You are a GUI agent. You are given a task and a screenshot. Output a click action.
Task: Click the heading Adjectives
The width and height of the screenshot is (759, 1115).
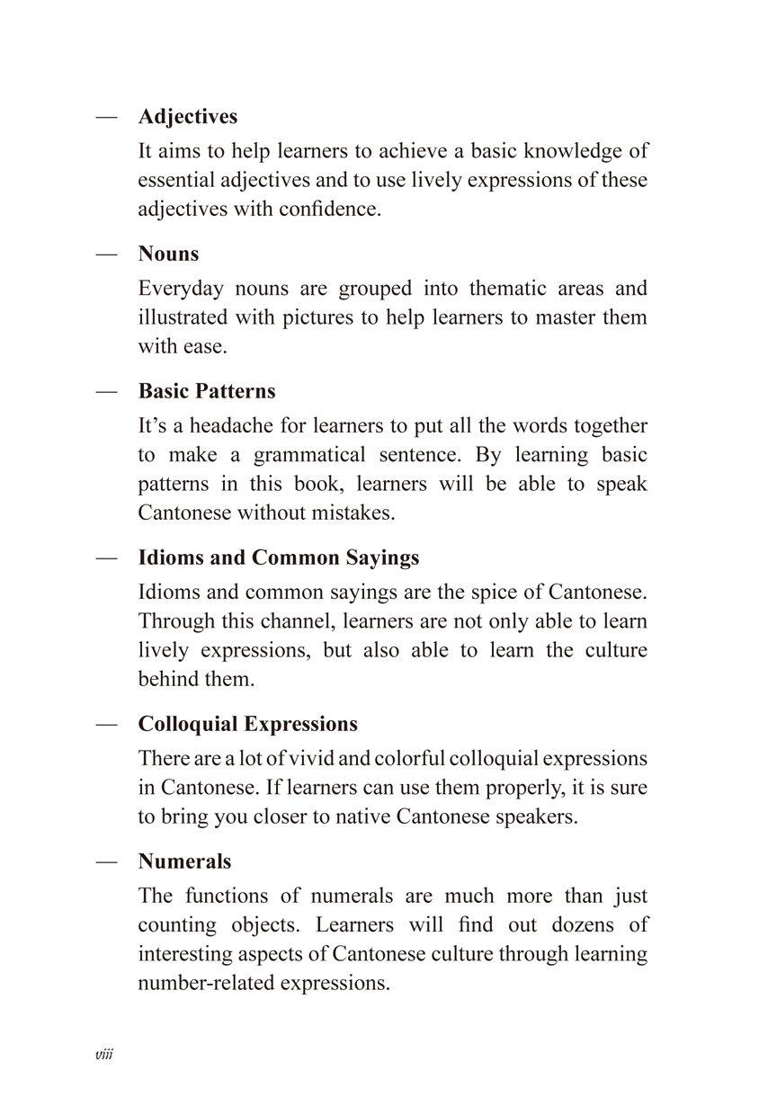tap(188, 117)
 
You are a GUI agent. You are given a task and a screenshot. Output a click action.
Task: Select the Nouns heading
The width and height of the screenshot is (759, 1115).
tap(168, 254)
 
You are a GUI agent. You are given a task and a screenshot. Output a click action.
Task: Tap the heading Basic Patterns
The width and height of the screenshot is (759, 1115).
tap(207, 392)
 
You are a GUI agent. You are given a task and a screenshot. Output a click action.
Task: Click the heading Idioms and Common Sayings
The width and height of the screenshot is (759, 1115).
tap(279, 557)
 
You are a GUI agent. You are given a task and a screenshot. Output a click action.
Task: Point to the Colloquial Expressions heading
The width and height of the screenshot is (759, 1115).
tap(248, 725)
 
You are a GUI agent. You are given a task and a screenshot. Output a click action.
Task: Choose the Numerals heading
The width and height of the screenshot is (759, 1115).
tap(184, 861)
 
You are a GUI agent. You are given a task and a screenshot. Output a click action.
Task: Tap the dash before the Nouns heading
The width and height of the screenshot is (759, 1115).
tap(107, 254)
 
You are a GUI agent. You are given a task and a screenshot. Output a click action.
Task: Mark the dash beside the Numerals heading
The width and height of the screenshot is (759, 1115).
tap(107, 861)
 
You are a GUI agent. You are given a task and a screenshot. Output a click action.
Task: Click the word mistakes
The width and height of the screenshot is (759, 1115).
tap(352, 514)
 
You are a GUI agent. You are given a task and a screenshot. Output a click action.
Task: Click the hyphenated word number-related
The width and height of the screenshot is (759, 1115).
tap(207, 983)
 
